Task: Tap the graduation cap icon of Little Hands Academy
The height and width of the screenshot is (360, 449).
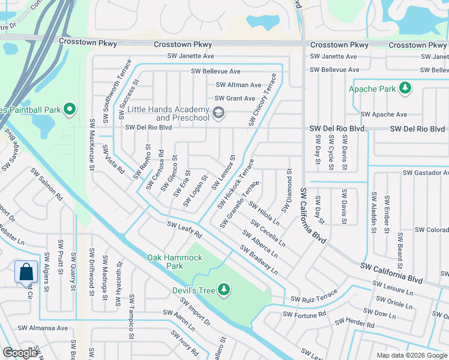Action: point(218,112)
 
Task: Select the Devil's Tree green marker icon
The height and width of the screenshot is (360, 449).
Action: point(224,290)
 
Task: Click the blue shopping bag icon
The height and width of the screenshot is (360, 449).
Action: point(26,272)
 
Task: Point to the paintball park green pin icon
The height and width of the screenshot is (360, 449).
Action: point(70,110)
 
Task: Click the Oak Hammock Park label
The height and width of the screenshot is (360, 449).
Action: point(175,262)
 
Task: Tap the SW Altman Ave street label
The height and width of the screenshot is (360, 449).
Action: point(238,85)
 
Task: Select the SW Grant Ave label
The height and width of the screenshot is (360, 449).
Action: point(235,98)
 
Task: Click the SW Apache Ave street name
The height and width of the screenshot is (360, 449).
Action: point(384,115)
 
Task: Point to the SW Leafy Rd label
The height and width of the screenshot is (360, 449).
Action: point(184,229)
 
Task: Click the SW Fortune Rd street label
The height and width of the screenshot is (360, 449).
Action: point(304,314)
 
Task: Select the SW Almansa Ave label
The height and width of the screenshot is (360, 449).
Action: point(43,328)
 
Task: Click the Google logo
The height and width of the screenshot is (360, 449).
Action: point(20,353)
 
